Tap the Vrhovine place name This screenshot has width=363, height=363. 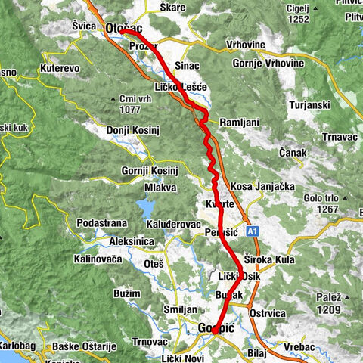[246, 45]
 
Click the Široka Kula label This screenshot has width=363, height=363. [267, 259]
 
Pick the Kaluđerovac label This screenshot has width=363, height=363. [173, 225]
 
